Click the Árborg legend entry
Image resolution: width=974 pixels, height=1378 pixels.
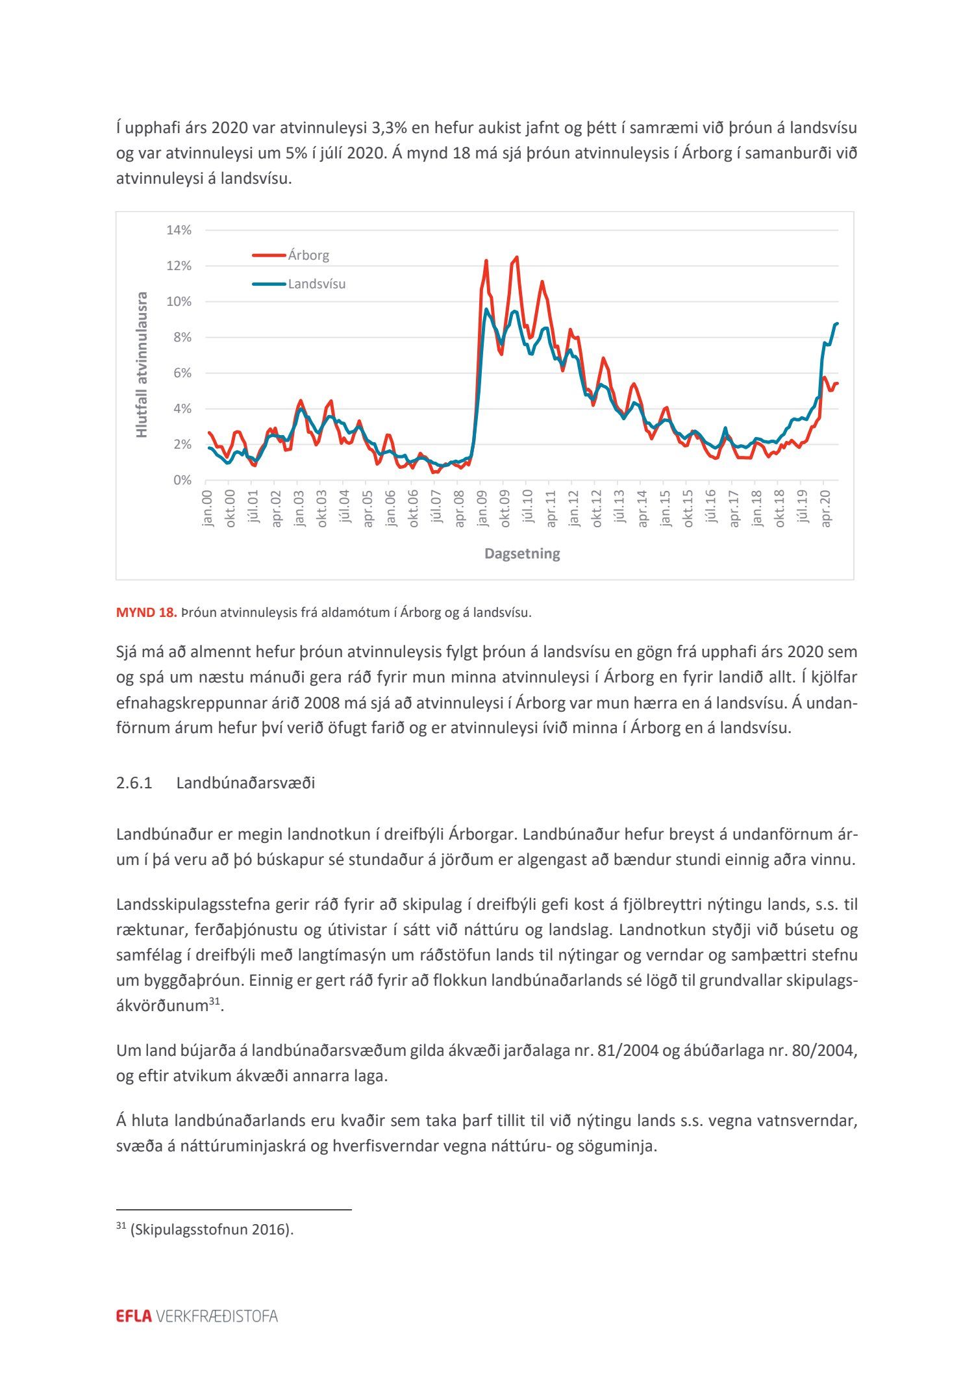coord(308,255)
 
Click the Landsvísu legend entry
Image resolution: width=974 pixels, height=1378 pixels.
coord(316,284)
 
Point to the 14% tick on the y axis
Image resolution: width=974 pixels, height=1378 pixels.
coord(179,230)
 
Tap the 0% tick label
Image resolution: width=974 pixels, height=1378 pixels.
coord(182,481)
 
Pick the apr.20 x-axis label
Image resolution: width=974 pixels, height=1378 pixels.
coord(825,508)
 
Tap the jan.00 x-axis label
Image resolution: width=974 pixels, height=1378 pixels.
coord(207,508)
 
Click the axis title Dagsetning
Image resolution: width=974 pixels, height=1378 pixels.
coord(522,554)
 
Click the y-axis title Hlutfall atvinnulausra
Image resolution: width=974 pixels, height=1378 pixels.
coord(142,364)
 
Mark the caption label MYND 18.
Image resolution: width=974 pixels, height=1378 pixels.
coord(146,612)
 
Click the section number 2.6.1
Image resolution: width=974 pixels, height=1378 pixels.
coord(134,783)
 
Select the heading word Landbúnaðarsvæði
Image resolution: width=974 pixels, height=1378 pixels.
coord(245,783)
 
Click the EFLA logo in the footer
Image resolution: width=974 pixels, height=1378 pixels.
coord(134,1316)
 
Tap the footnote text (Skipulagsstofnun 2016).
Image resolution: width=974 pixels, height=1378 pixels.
coord(212,1229)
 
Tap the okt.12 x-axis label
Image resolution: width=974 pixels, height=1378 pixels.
coord(596,508)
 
